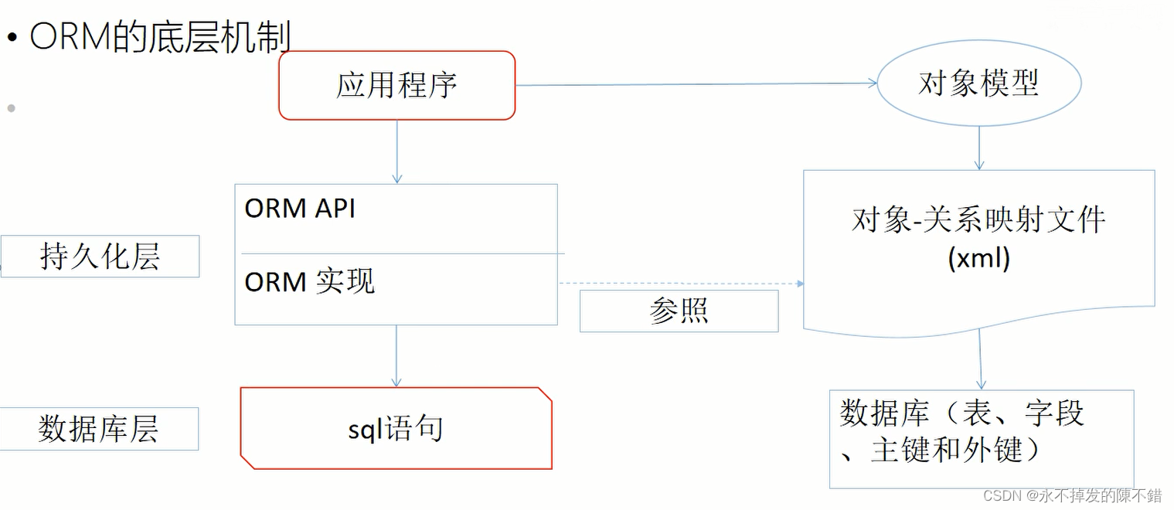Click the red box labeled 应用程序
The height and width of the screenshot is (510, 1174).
[396, 86]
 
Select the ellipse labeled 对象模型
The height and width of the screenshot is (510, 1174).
[978, 83]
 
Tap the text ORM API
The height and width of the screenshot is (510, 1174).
[300, 209]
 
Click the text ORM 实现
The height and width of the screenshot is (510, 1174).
[309, 282]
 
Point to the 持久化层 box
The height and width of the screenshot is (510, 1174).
[100, 257]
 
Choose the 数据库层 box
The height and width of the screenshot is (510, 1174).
[99, 429]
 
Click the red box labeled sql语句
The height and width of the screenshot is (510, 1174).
[396, 429]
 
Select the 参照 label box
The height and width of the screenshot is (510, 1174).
[679, 311]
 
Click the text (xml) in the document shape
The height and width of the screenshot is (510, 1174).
[978, 258]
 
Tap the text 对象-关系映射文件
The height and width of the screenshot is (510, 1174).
[978, 220]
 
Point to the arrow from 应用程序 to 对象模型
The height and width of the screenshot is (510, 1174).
[696, 84]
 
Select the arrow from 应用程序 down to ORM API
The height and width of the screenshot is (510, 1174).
[396, 151]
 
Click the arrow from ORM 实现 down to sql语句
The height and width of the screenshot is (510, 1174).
[396, 355]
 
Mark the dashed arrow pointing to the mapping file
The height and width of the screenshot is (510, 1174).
[680, 284]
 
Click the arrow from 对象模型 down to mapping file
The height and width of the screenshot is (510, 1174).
[979, 147]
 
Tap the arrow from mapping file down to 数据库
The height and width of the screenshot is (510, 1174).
[981, 359]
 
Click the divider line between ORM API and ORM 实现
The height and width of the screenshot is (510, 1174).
[402, 253]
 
